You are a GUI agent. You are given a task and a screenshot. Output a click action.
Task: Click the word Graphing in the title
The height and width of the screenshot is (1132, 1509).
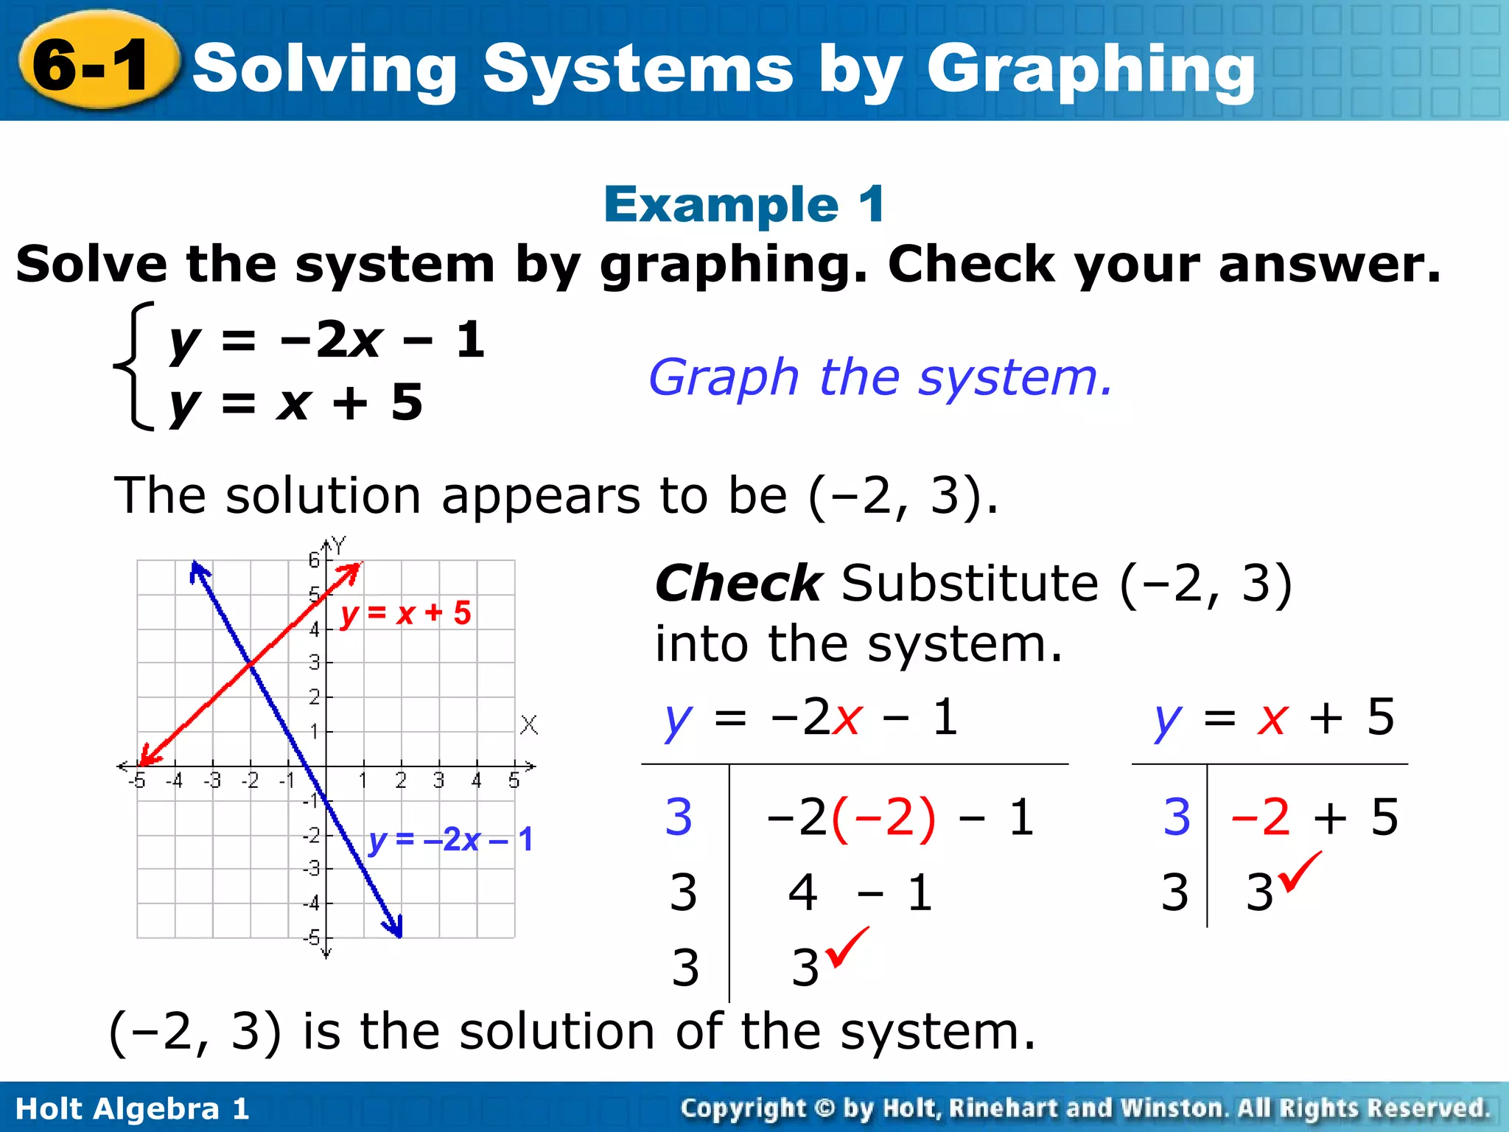tap(1090, 70)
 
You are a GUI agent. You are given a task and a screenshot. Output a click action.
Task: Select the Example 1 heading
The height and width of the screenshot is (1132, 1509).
tap(744, 204)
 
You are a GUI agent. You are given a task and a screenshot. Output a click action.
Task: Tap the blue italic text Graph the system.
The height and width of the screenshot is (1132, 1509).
tap(880, 377)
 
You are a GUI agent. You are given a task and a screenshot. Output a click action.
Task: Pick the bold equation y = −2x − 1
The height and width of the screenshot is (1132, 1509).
tap(327, 340)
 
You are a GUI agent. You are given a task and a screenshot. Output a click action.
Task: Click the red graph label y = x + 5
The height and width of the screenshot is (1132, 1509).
tap(405, 613)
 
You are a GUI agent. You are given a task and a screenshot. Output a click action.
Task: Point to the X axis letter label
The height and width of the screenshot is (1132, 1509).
tap(529, 724)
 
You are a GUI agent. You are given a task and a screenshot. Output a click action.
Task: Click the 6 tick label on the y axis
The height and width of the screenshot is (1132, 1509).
tap(315, 560)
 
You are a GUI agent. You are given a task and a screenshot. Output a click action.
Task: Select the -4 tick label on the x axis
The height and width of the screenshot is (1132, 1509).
tap(174, 780)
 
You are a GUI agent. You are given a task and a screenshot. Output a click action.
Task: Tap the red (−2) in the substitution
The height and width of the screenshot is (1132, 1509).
tap(883, 817)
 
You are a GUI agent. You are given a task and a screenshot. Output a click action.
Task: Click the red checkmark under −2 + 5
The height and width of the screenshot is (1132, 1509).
tap(1300, 871)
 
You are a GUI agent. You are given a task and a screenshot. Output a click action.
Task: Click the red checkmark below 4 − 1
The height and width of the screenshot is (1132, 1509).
tap(847, 946)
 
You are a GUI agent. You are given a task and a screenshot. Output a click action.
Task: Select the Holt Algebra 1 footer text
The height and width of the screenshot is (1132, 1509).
tap(133, 1108)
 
